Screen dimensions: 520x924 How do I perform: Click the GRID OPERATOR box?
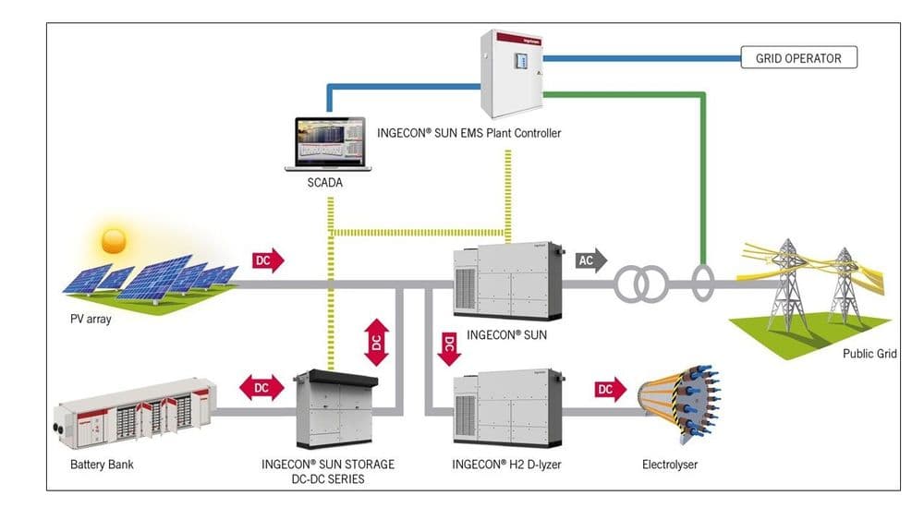pos(799,58)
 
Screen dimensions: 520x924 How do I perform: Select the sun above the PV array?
pos(114,241)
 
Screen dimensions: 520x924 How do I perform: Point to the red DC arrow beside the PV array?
pos(268,260)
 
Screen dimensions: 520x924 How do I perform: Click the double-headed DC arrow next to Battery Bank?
pos(261,388)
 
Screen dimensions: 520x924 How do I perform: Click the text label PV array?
pos(91,320)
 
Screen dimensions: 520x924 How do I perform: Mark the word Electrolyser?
pos(670,465)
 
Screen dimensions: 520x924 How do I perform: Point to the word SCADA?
pos(324,183)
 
